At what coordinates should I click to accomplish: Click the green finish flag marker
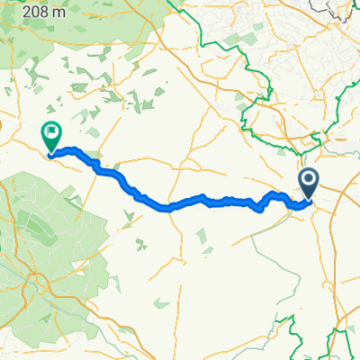click(51, 137)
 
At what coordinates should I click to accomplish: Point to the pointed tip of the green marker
click(51, 154)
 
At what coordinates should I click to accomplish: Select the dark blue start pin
click(309, 184)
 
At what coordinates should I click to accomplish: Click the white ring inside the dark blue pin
click(309, 181)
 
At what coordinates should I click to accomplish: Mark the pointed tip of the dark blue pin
click(309, 200)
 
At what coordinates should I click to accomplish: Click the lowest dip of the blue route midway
click(166, 208)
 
